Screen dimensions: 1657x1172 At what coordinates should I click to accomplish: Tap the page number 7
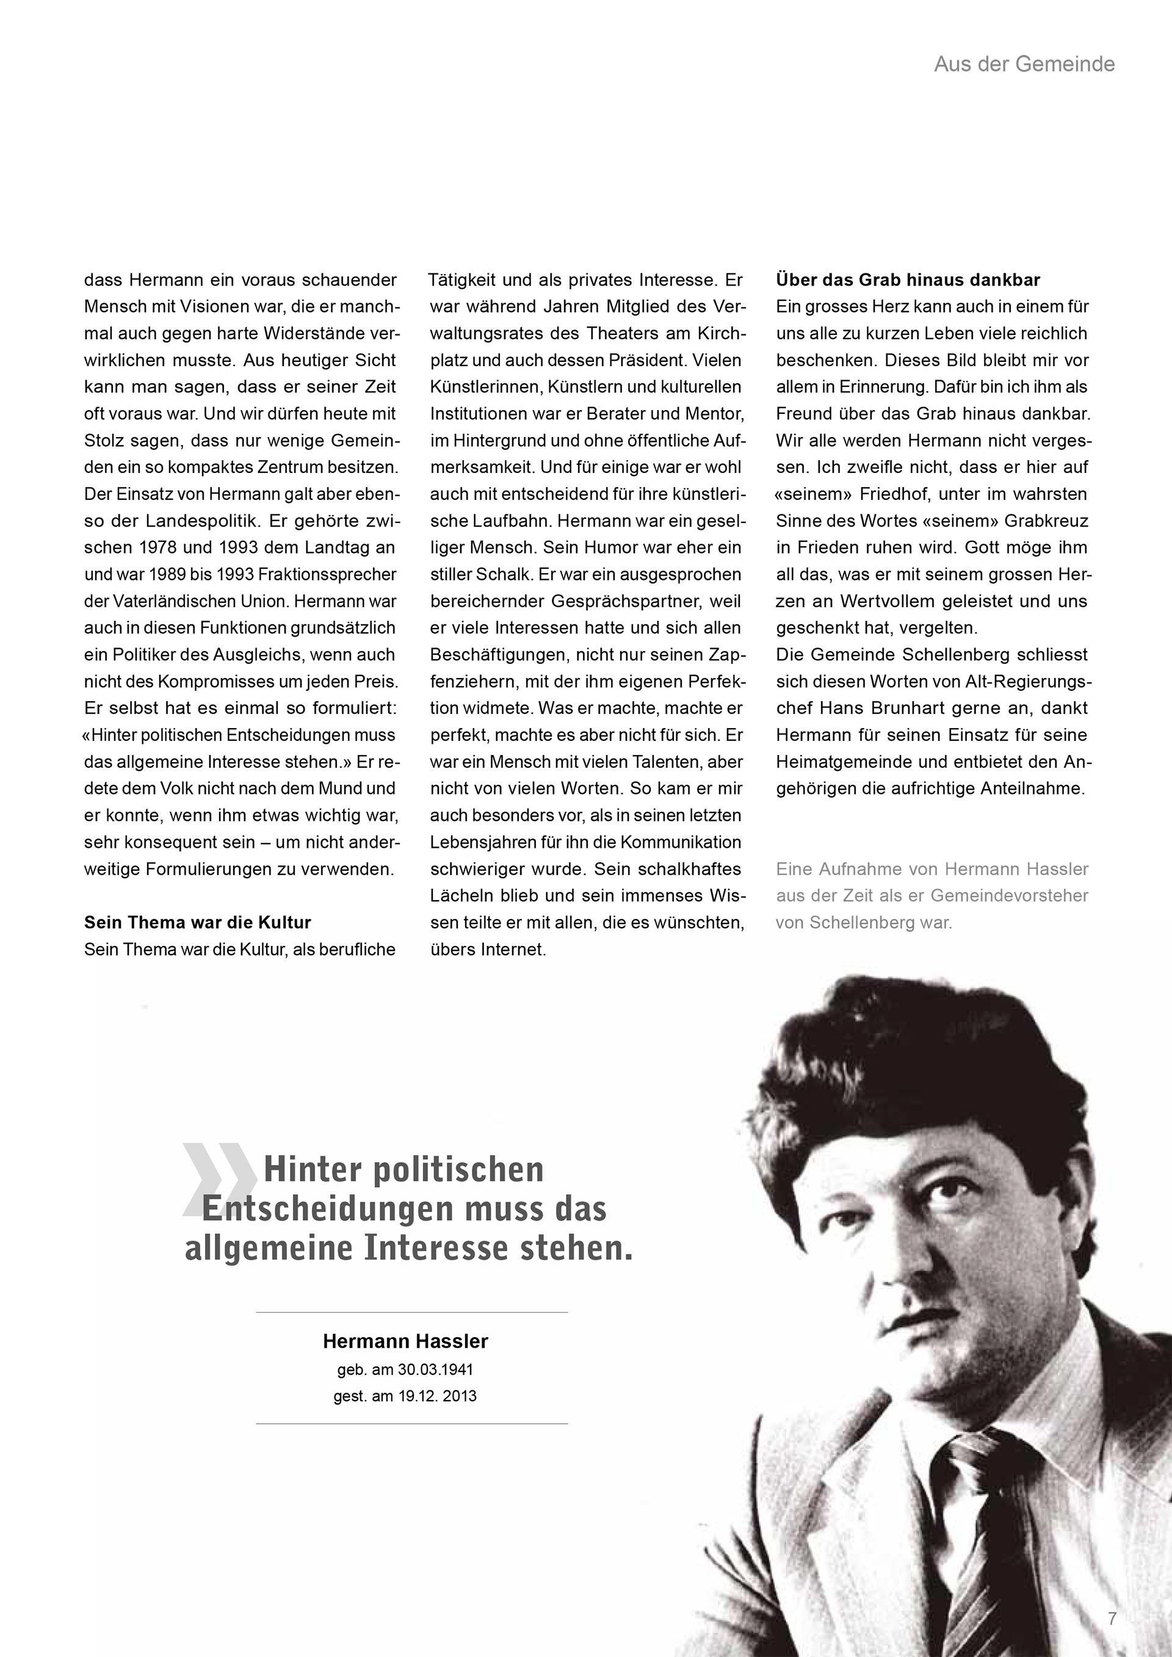[1112, 1618]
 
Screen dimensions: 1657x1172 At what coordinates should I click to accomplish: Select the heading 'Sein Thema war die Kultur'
[197, 922]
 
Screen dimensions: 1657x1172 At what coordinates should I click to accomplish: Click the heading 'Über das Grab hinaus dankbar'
[908, 280]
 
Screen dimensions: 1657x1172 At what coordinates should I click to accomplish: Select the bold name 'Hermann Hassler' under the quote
[405, 1341]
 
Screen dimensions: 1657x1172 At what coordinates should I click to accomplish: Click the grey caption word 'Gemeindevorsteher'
[1009, 895]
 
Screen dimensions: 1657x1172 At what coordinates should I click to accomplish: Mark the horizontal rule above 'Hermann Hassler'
[411, 1312]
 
